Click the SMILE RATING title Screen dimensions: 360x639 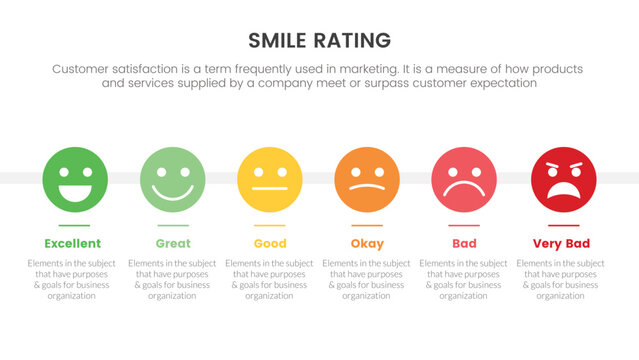click(x=319, y=40)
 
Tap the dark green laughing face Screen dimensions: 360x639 click(x=74, y=178)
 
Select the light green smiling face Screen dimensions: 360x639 click(x=172, y=178)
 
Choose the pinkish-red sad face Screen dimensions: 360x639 click(x=464, y=178)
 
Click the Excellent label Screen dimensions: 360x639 click(x=73, y=243)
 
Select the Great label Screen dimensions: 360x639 click(x=172, y=243)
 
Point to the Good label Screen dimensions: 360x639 click(x=270, y=243)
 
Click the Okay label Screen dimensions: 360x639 click(x=367, y=243)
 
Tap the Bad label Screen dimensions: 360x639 click(x=464, y=243)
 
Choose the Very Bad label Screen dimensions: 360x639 click(x=562, y=243)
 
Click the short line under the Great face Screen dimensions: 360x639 click(x=172, y=226)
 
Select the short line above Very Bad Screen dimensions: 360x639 click(x=562, y=226)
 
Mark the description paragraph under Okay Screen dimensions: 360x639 click(x=367, y=279)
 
